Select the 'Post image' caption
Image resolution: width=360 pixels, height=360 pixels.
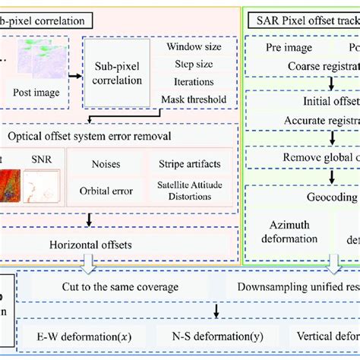click(x=37, y=93)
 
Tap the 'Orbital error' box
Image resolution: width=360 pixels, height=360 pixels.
click(x=106, y=191)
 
